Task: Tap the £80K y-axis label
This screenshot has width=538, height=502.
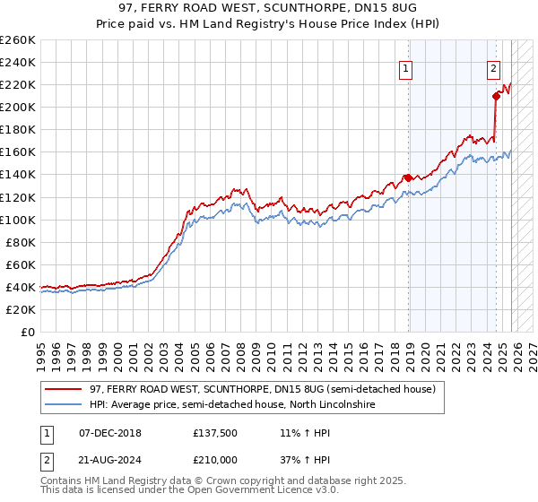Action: click(20, 242)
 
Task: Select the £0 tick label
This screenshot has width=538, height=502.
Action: click(27, 332)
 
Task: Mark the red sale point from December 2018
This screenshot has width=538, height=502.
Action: click(408, 177)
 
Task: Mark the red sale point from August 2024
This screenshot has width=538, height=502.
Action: click(496, 96)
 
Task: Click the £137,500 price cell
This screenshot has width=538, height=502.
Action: click(213, 432)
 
